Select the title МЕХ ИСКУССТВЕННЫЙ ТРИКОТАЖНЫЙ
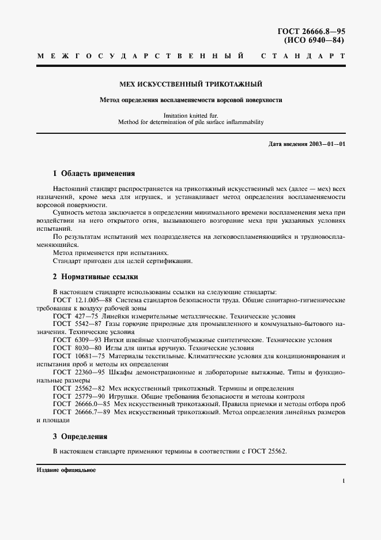pyautogui.click(x=190, y=84)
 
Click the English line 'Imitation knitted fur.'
pyautogui.click(x=190, y=115)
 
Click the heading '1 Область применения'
pyautogui.click(x=93, y=173)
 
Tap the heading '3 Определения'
pyautogui.click(x=80, y=437)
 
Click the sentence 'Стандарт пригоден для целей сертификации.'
pyautogui.click(x=122, y=261)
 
